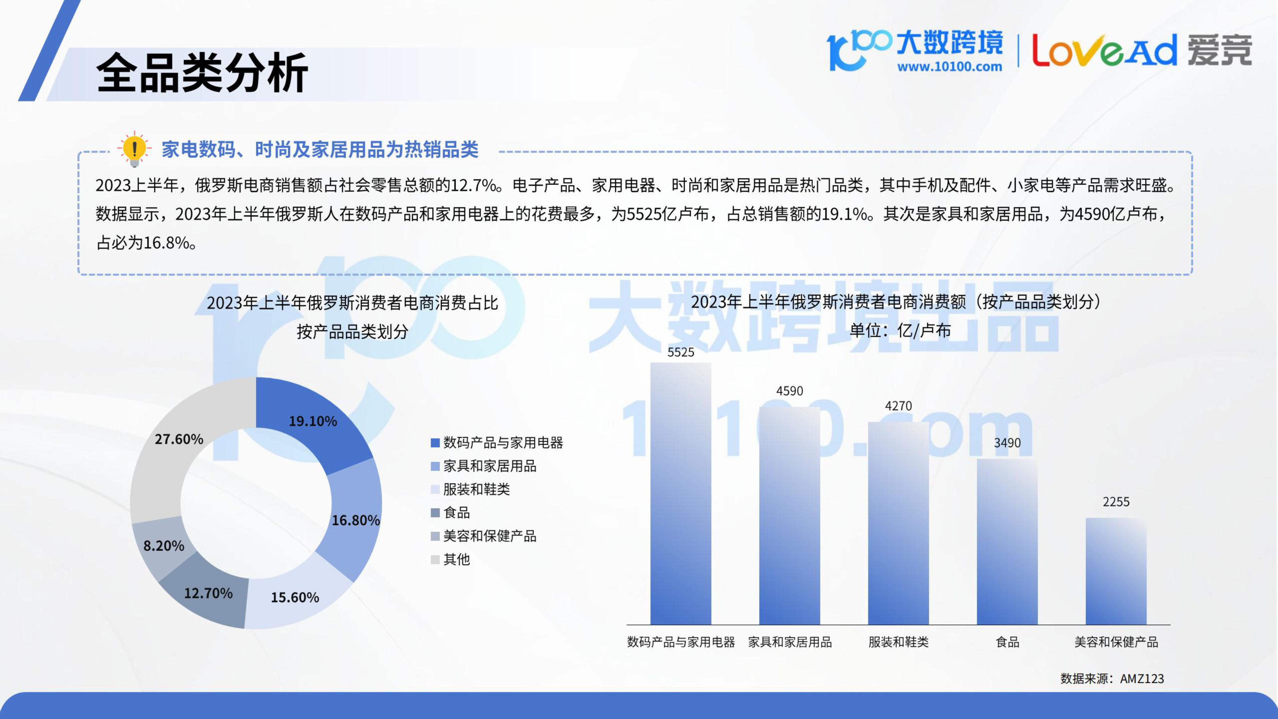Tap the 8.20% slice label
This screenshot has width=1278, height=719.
click(164, 546)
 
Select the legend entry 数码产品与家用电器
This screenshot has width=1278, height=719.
click(497, 443)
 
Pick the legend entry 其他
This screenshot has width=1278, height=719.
click(450, 559)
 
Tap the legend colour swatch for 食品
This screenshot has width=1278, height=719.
click(435, 513)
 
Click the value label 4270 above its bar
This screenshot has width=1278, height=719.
click(898, 406)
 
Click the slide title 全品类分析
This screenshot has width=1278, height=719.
click(203, 73)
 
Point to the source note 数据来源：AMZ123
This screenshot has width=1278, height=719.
click(1112, 678)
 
